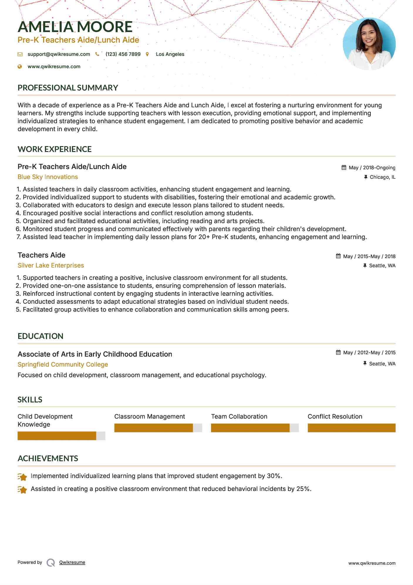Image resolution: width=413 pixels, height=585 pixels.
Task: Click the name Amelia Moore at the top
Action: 75,27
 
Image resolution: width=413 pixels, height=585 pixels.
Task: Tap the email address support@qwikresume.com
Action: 59,54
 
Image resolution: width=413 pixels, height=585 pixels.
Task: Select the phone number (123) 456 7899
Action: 123,54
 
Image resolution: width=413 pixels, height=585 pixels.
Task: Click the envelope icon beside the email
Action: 20,54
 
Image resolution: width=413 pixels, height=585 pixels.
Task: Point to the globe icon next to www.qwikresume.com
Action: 20,67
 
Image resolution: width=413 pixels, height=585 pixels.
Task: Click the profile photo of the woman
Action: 369,44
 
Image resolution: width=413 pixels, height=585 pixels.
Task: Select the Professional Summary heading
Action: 68,88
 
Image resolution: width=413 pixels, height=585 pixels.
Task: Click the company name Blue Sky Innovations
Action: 48,177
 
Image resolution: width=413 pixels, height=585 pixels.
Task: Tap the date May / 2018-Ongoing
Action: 372,168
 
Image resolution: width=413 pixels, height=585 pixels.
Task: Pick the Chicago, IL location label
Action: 382,177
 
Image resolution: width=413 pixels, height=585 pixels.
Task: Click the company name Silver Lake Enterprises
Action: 51,265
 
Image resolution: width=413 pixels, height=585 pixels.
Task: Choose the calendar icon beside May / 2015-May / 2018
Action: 338,256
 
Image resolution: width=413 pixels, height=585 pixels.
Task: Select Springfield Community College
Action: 63,365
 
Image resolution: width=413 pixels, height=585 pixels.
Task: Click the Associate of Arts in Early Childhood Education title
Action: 95,354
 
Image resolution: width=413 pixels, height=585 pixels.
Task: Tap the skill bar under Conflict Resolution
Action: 351,428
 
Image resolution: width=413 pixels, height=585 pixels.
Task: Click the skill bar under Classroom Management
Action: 158,428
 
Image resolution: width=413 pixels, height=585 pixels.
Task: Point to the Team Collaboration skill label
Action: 239,417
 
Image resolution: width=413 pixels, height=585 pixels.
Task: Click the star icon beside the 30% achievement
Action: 22,477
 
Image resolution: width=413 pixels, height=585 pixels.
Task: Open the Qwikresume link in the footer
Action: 72,562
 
